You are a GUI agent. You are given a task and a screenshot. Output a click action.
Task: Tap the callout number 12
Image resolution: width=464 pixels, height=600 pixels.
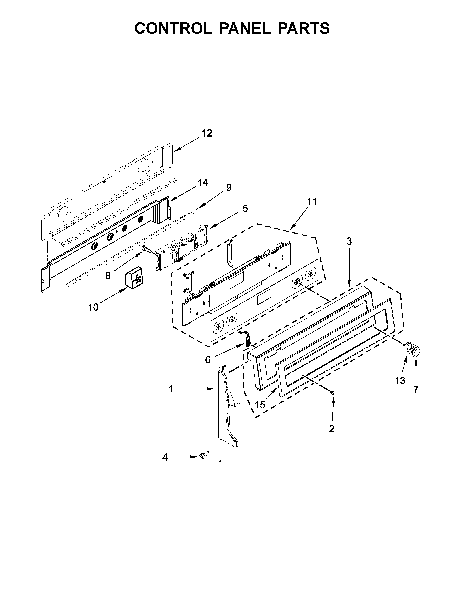pos(207,133)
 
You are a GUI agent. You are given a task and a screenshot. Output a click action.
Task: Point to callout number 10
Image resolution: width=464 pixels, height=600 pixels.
pos(93,307)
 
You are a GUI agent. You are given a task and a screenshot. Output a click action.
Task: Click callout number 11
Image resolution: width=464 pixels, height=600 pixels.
pos(312,202)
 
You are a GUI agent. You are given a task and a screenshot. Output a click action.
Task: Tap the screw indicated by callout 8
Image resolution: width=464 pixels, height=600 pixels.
pos(146,249)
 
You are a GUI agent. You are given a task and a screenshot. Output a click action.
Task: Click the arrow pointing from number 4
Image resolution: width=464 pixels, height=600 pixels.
pos(184,457)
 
